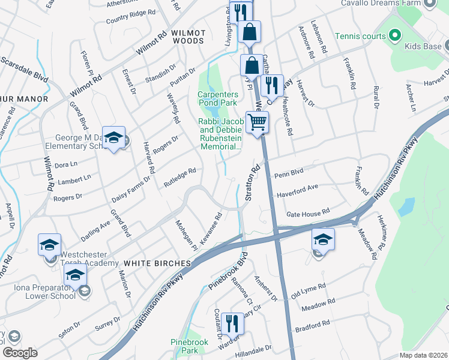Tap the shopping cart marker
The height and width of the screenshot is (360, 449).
(258, 122)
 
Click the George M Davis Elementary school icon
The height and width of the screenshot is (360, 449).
(112, 138)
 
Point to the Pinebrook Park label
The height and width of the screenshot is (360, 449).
(184, 346)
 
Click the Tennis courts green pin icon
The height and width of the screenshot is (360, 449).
(394, 37)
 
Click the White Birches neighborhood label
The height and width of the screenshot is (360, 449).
(157, 263)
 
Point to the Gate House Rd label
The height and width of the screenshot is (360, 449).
(308, 212)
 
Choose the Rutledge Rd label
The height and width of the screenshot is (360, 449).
(180, 178)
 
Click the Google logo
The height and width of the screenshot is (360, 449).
(20, 353)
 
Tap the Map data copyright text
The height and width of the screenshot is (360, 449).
(423, 355)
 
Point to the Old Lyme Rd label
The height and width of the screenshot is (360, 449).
(307, 290)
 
